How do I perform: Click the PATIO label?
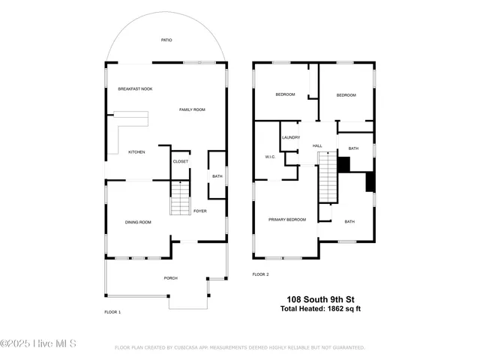coord(166,40)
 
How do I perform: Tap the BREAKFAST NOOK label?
coord(135,89)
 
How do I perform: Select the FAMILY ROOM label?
coord(192,110)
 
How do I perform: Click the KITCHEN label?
coord(136,152)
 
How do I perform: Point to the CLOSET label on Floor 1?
coord(181,161)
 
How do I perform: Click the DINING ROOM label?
coord(138,222)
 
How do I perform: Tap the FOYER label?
coord(200,211)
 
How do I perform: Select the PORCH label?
coord(171,278)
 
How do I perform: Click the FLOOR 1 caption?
coord(112,311)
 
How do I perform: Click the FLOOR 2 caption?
coord(260,274)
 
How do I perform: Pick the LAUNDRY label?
coord(291,138)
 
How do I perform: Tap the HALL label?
coord(317,145)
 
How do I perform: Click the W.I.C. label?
coord(271,157)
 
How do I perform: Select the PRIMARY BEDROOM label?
coord(287,219)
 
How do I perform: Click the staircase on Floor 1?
coord(181,199)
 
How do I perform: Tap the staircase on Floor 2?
coord(328,176)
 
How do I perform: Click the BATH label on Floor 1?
coord(217,176)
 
